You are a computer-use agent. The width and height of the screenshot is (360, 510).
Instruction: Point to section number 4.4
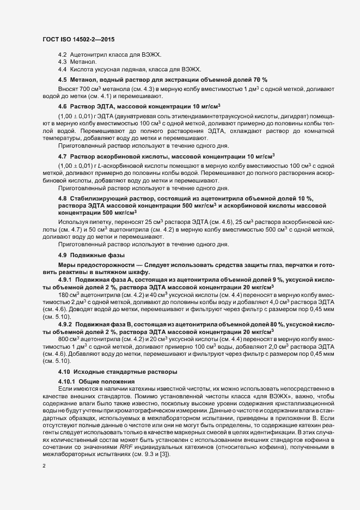click(x=62, y=70)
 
